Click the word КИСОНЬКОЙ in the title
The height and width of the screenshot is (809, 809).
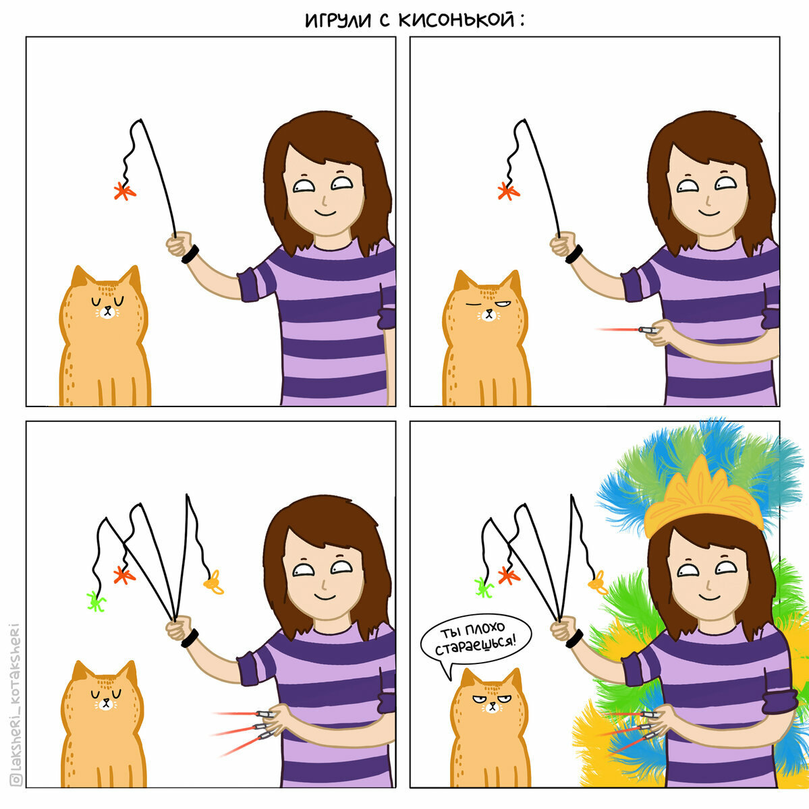click(x=456, y=20)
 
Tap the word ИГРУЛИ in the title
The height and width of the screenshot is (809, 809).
click(x=338, y=21)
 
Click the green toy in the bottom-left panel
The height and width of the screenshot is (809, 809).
click(x=96, y=601)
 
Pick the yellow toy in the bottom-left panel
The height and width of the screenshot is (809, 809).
click(x=213, y=582)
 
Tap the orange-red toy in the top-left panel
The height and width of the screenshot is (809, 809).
click(x=125, y=191)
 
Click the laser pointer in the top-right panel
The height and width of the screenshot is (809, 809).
click(x=648, y=330)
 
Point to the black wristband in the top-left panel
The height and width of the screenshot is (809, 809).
click(x=190, y=254)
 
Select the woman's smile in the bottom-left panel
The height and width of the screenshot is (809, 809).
click(x=325, y=597)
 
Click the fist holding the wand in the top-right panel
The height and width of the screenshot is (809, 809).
click(x=563, y=244)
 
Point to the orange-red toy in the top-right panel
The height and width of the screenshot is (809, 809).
click(x=509, y=191)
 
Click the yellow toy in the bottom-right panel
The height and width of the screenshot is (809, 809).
click(x=598, y=582)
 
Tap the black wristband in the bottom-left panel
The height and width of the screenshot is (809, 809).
click(x=190, y=638)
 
